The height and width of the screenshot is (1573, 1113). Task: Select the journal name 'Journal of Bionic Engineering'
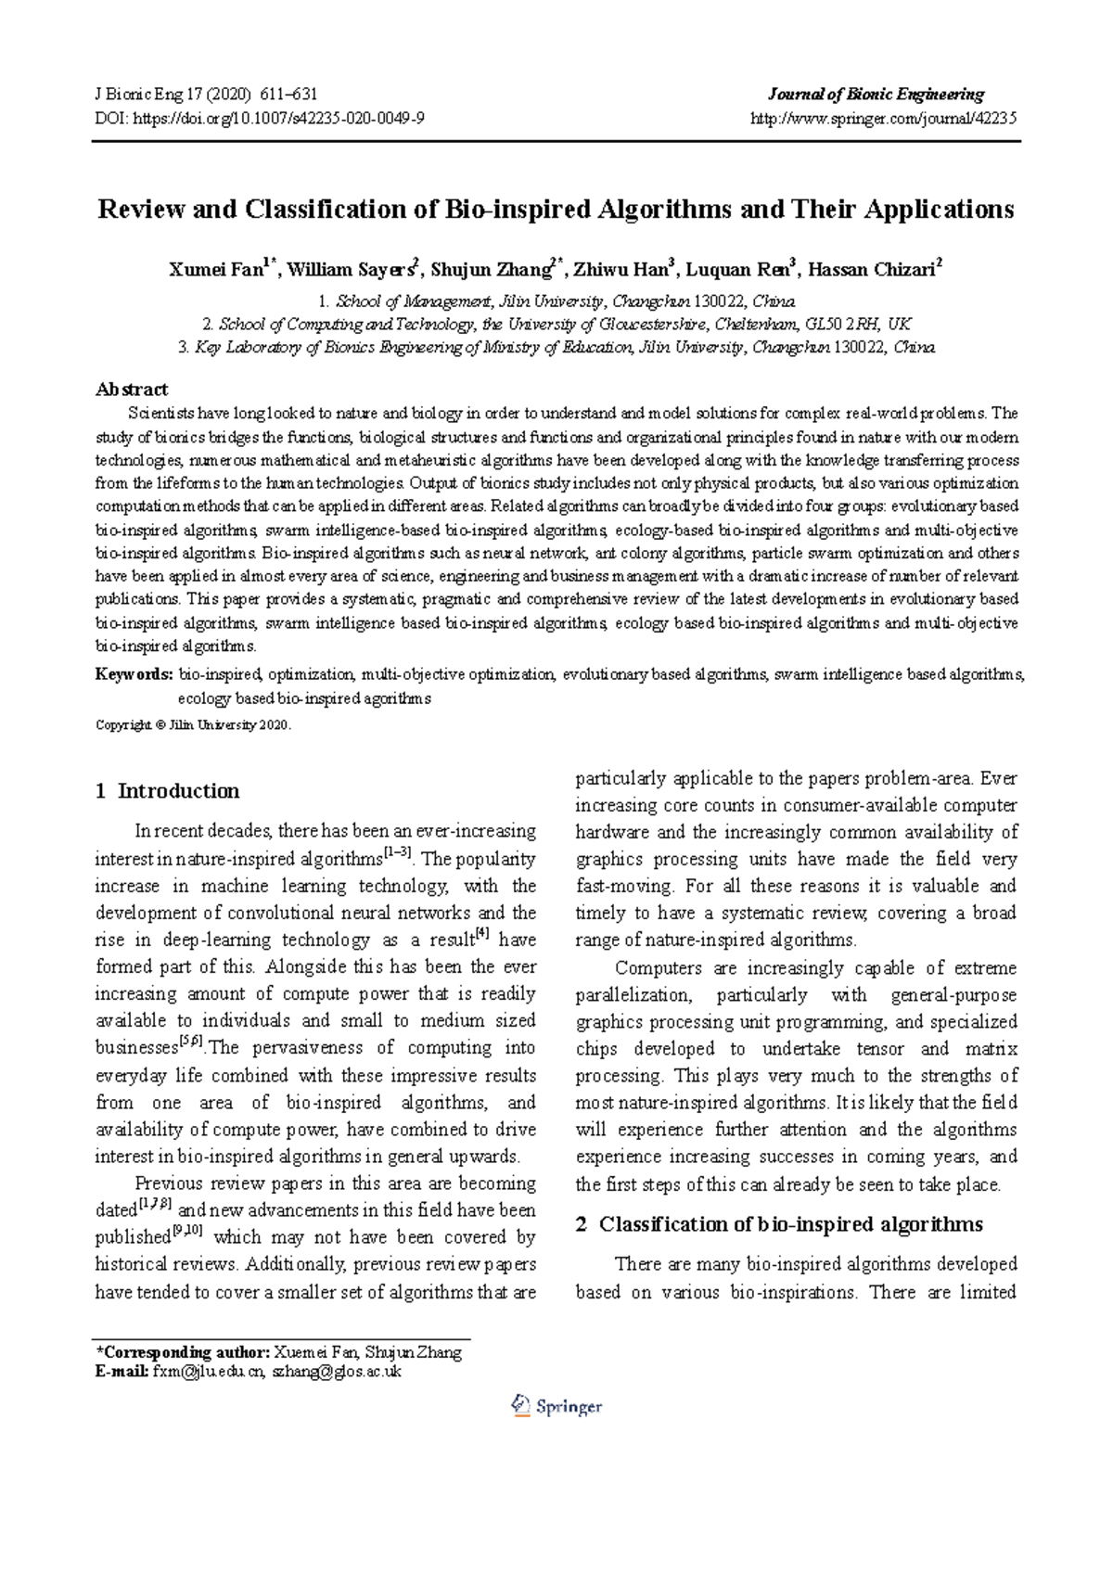point(876,94)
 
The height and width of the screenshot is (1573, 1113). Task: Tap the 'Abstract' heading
point(132,389)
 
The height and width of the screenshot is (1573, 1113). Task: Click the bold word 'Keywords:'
point(134,674)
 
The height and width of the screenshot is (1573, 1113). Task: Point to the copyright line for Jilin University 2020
point(194,725)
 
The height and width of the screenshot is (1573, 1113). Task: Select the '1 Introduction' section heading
point(167,791)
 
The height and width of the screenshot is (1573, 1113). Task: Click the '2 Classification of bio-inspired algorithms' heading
point(778,1224)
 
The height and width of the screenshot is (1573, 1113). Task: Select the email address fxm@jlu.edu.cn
point(209,1372)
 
